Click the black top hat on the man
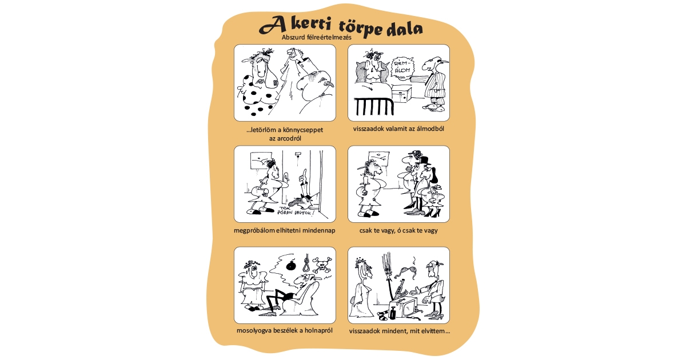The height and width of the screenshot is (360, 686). point(424,161)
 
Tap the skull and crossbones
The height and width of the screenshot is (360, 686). point(325,264)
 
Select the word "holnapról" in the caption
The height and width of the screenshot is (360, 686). point(316,331)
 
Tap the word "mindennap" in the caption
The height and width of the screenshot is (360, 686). point(318,230)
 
